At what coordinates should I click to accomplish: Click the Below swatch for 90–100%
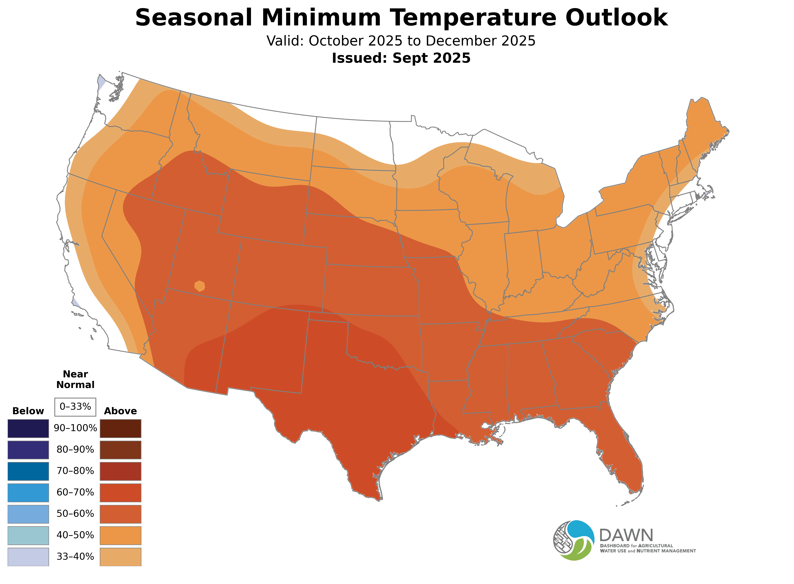(28, 429)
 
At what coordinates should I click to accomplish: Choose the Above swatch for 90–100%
(121, 429)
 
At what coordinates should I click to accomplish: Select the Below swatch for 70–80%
(28, 471)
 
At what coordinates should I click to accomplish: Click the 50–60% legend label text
(75, 514)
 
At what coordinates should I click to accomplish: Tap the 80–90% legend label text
(75, 450)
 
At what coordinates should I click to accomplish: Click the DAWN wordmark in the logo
(626, 536)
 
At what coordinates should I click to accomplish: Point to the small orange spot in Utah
(199, 286)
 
